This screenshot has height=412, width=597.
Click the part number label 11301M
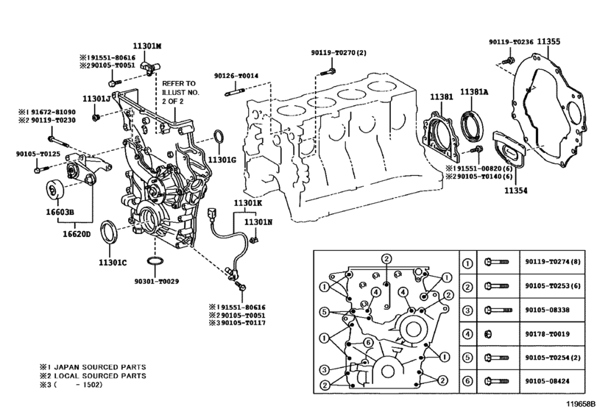(x=147, y=46)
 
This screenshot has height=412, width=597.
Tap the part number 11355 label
(x=548, y=41)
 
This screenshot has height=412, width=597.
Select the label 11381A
(x=473, y=92)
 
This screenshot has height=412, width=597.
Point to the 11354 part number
(x=516, y=191)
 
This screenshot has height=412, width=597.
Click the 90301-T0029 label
(x=157, y=282)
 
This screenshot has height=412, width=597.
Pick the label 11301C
(x=113, y=263)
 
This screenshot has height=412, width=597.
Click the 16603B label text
(x=60, y=212)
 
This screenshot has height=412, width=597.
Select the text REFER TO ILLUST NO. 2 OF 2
(x=180, y=92)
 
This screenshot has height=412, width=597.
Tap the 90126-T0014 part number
(x=236, y=76)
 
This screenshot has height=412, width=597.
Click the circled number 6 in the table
(x=468, y=381)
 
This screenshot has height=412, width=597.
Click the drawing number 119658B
(x=580, y=404)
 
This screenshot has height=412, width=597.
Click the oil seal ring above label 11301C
(x=109, y=231)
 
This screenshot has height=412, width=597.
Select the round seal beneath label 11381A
(x=473, y=124)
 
